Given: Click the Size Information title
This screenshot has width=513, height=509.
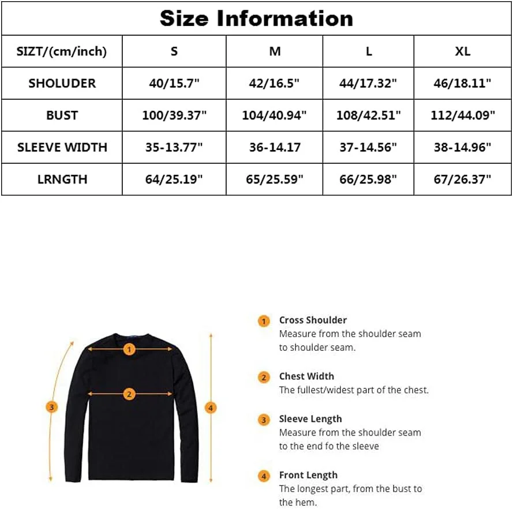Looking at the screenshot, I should coord(256,18).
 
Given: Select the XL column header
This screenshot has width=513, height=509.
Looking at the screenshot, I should coord(462,51).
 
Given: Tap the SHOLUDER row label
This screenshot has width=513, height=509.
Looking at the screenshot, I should coord(62,83).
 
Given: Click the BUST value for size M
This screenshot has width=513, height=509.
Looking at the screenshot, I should coord(274,115).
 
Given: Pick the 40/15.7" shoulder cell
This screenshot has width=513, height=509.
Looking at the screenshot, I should coord(174,83).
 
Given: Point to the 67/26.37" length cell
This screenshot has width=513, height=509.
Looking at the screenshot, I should coord(462,179).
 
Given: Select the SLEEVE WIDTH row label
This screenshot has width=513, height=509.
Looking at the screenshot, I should coord(62,147).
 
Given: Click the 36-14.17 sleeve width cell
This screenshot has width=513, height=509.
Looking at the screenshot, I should coord(274,147).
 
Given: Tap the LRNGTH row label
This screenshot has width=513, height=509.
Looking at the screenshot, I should coord(62,179).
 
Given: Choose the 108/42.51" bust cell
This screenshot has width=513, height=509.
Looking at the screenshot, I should coord(368,115).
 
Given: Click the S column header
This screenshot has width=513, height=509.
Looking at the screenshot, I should coord(174,51).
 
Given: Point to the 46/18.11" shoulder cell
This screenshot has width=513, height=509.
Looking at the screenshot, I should coord(462,83).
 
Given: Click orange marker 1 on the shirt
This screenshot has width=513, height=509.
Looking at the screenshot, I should coord(130,349).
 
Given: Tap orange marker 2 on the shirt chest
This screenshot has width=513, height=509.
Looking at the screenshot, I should coord(130,395).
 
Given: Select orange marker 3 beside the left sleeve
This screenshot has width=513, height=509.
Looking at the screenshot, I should coord(51,407).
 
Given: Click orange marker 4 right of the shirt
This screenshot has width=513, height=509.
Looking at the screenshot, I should coord(211,408).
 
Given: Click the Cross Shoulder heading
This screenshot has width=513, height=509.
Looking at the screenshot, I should coord(313,320).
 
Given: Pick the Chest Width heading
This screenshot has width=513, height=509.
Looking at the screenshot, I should coord(306,376).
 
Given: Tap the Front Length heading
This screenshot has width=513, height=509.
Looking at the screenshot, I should coord(308,475).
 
